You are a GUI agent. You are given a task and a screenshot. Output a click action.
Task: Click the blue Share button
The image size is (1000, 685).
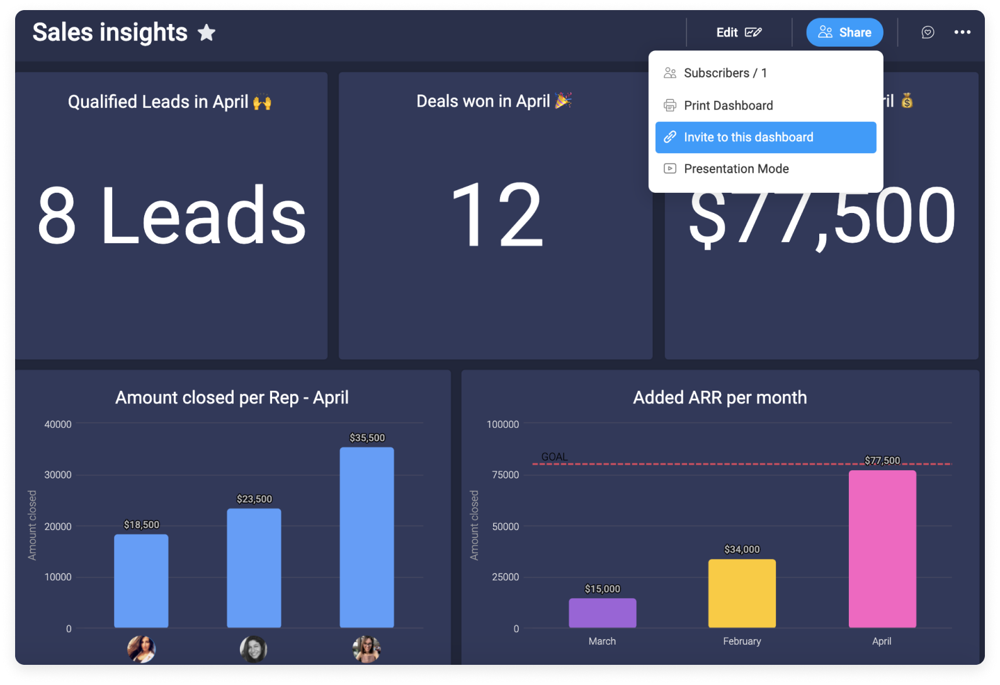pos(844,33)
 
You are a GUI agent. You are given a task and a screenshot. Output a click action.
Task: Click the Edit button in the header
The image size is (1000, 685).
pos(738,33)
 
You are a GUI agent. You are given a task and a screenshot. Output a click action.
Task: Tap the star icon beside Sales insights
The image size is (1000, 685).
pos(207,33)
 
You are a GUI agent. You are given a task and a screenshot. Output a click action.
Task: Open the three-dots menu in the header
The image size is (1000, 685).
pos(962,33)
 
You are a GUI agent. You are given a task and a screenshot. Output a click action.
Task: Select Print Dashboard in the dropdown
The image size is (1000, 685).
pos(728,105)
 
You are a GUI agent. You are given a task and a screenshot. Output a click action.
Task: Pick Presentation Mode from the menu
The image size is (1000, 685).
pos(736,169)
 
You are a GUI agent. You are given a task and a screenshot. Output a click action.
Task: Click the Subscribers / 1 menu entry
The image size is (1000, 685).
pos(725,73)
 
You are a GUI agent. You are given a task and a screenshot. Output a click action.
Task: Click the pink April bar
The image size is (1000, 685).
pos(882,548)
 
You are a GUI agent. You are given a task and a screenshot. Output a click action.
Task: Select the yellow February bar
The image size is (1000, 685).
pos(742,593)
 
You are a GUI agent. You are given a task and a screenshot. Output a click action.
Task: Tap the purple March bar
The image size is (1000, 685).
pos(602,613)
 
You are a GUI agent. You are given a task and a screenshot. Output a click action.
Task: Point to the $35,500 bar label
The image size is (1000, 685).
pos(367,438)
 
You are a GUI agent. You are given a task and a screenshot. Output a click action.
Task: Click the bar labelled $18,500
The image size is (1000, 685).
pos(141,580)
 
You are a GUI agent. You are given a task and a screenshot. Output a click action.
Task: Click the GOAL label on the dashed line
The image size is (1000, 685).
pos(554,457)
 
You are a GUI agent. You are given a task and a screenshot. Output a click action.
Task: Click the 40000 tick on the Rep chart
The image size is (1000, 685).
pos(58,425)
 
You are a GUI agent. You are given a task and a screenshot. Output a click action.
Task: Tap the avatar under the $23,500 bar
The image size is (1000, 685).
pos(254,649)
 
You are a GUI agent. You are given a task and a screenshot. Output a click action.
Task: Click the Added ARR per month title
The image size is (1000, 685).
pos(720,398)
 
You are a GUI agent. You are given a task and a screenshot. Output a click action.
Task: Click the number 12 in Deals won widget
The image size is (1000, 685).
pos(496,216)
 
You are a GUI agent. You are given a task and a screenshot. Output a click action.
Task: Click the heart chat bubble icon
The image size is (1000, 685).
pos(928,33)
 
